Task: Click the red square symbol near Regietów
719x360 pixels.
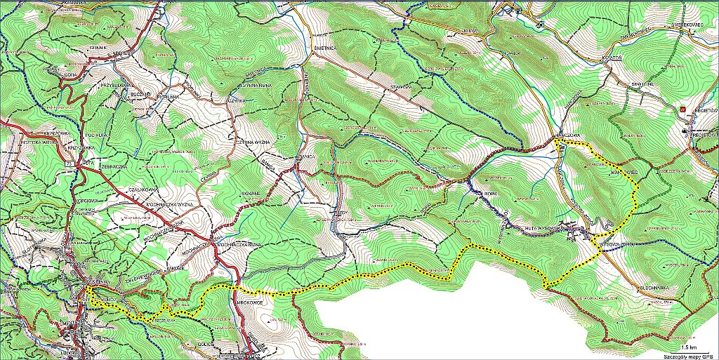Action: (x=682, y=109)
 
